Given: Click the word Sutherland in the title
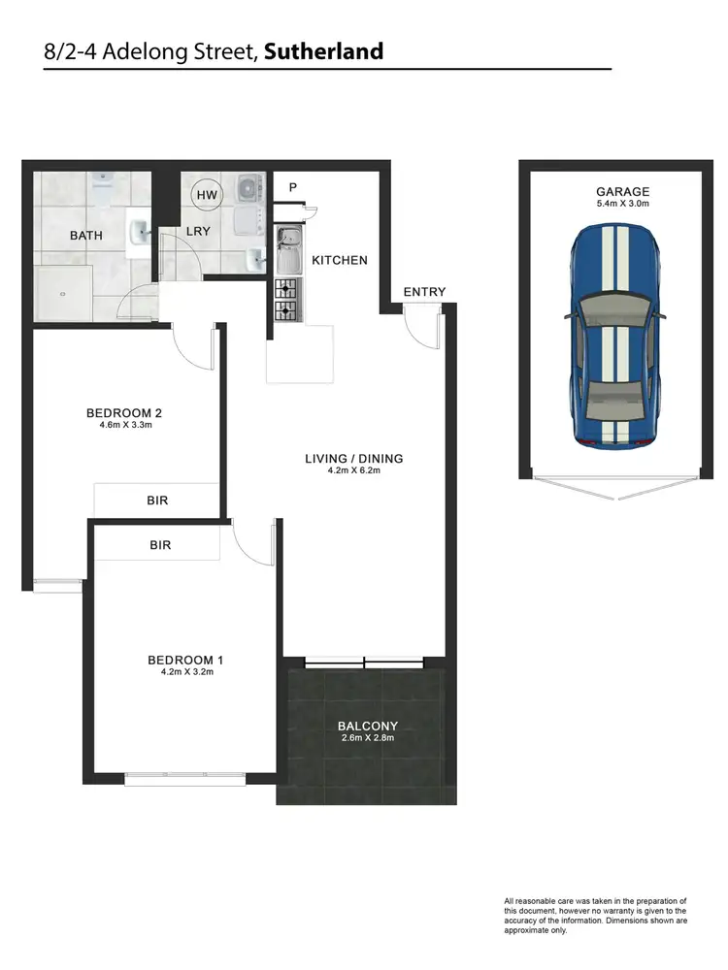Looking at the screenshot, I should (x=323, y=50).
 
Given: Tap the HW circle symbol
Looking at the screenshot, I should (x=207, y=195).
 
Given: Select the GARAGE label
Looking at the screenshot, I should (x=623, y=192).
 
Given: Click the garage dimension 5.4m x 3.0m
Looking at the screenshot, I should (x=623, y=205).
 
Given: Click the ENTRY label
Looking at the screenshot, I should (x=424, y=292).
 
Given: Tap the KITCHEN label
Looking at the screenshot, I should (x=339, y=260).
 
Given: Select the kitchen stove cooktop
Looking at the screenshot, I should (x=287, y=300).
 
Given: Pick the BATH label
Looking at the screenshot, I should (x=86, y=236).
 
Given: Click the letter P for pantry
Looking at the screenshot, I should (x=291, y=187).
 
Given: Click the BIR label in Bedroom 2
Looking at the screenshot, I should (x=158, y=501).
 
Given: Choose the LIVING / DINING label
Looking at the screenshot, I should (x=353, y=459).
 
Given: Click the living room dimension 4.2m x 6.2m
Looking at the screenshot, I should (x=353, y=472).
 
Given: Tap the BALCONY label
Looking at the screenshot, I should (x=368, y=726).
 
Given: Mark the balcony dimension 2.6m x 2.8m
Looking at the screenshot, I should (x=368, y=738).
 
